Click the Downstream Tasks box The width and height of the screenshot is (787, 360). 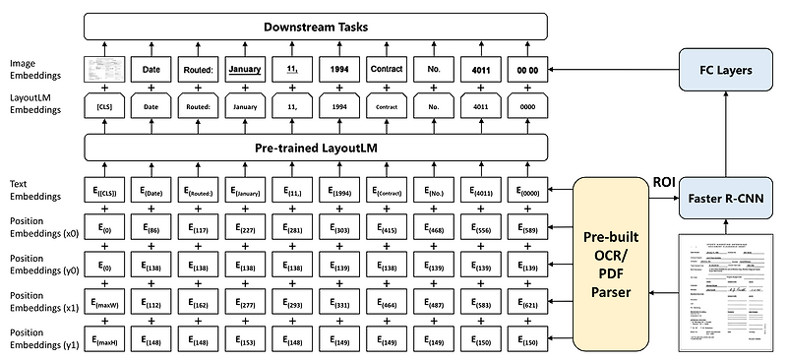tap(315, 25)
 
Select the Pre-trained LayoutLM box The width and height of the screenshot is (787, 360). tap(315, 148)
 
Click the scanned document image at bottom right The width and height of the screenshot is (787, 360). tap(728, 293)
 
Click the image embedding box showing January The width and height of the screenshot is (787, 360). tap(246, 70)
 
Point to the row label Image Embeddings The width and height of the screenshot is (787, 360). tap(31, 69)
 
